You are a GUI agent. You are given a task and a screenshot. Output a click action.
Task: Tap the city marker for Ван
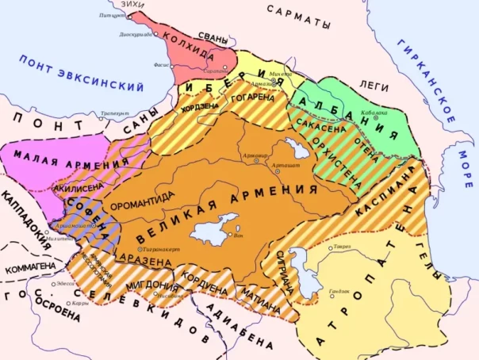[x=235, y=235]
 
